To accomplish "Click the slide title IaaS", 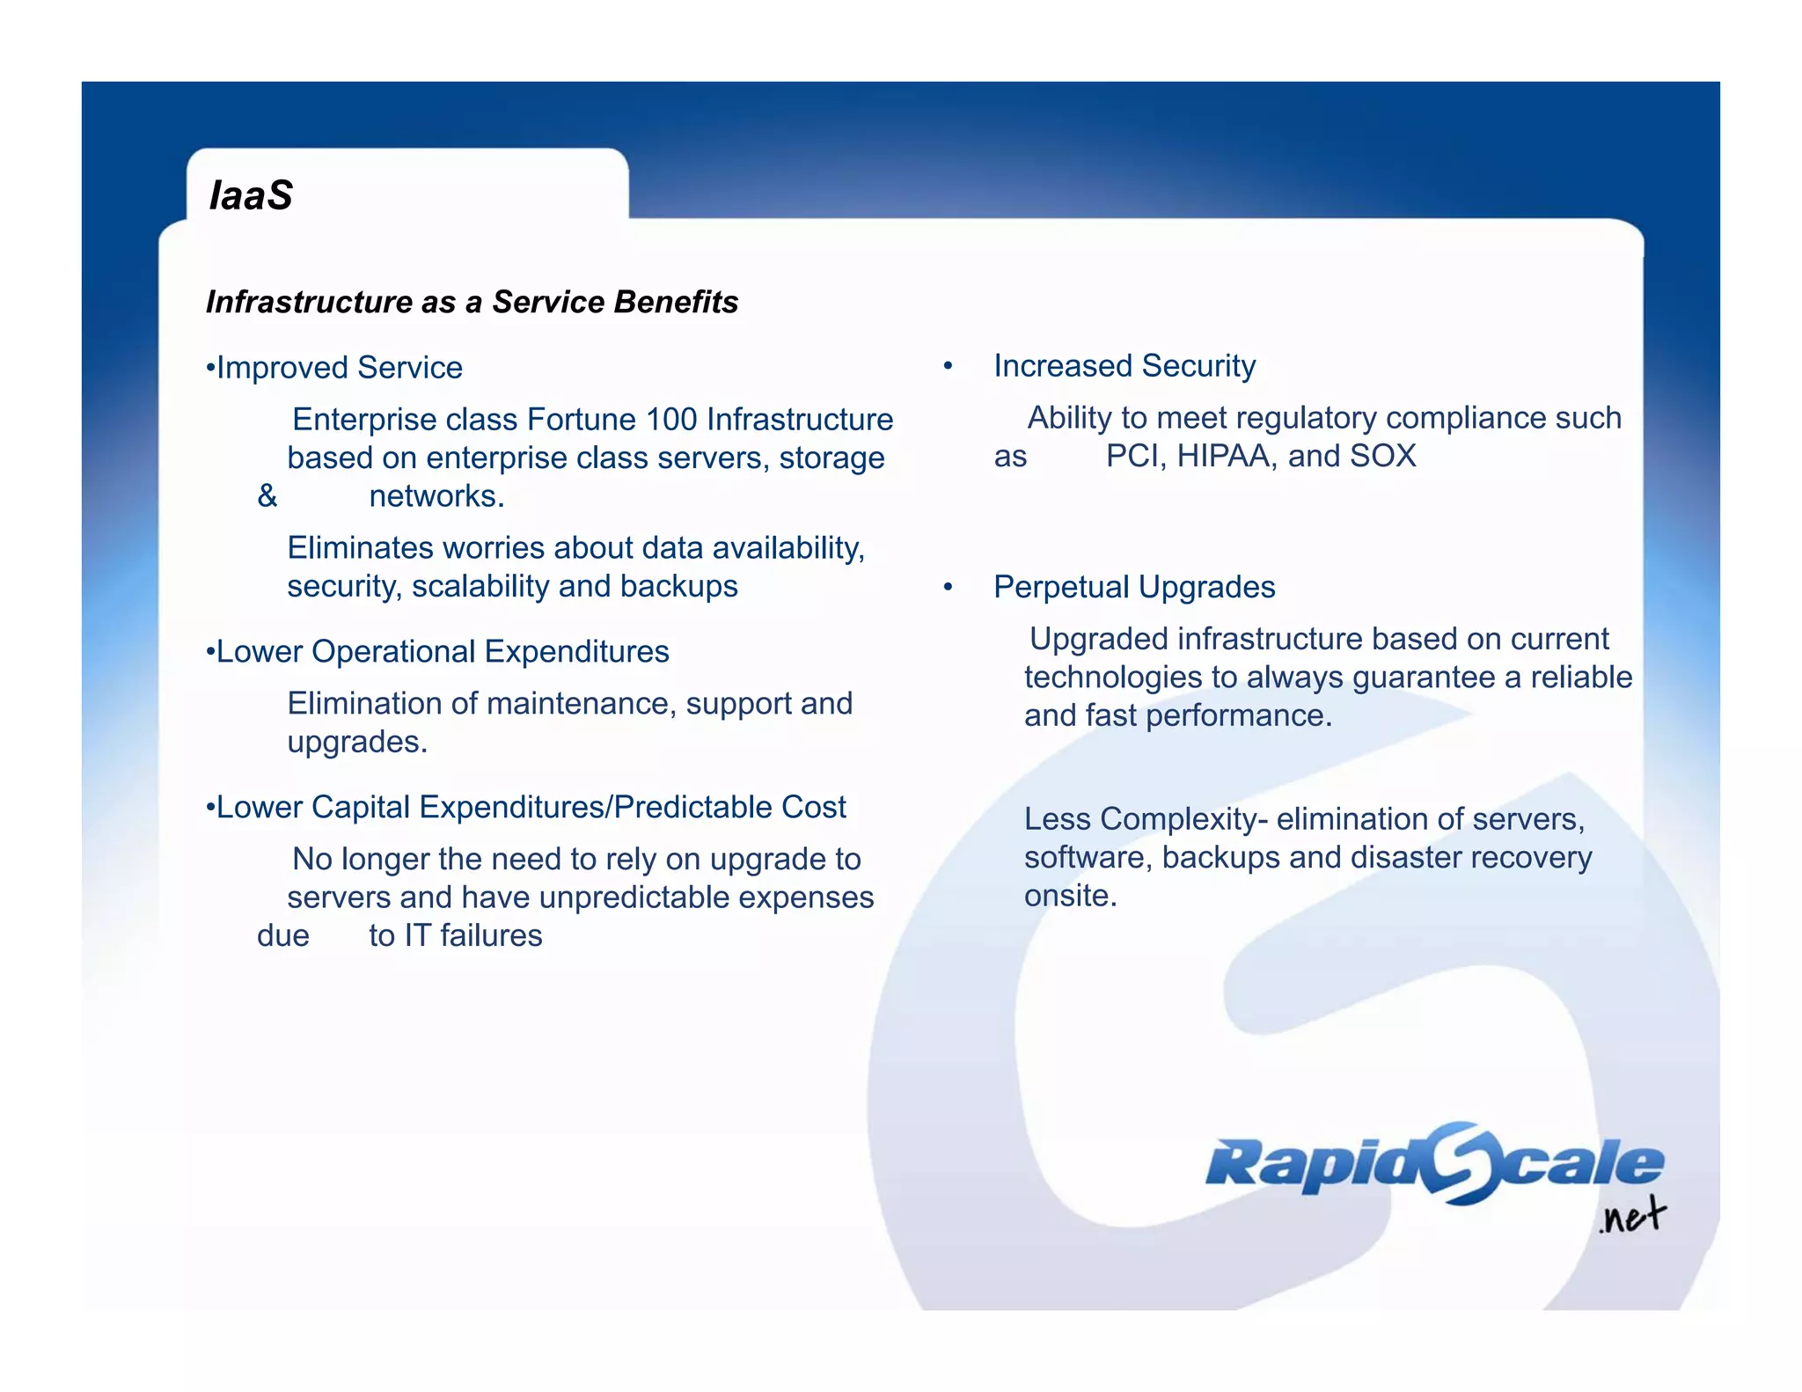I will [251, 195].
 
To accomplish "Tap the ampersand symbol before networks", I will [267, 496].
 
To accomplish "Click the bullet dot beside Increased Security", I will [948, 366].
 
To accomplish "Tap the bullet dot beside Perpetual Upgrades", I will [948, 587].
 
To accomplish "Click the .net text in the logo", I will [1632, 1217].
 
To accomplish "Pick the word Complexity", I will [1178, 819].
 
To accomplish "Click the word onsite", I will [1070, 896].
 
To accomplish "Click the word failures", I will [491, 935].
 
